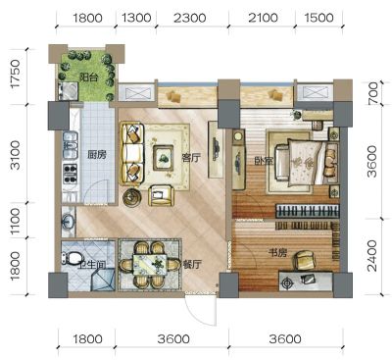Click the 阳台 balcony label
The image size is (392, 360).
coord(89,77)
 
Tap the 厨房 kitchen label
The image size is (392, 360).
coord(97,154)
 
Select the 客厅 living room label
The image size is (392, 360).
coord(191,158)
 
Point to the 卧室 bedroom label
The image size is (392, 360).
coord(264,161)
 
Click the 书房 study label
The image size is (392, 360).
coord(277,253)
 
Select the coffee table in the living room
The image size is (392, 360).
coord(164,158)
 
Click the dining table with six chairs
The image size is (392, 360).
coord(150,265)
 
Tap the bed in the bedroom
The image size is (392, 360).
coord(306,162)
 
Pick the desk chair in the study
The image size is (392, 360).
coord(306,260)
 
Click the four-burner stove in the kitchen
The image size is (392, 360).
coord(71,174)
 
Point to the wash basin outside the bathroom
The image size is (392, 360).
coord(69,222)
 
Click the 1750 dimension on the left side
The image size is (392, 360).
coord(16,74)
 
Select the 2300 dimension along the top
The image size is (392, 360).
coord(190,18)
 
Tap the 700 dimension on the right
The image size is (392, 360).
coord(372,93)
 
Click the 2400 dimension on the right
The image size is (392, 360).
coord(371,256)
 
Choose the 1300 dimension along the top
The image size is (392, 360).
coord(136,18)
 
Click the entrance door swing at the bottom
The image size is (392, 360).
coord(200,309)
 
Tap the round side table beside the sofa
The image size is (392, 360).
coord(132,197)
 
